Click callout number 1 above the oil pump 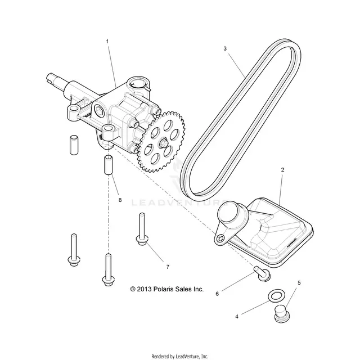coord(107,42)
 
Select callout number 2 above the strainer coord(282,170)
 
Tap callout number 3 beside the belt coord(225,48)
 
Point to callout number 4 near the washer coord(237,317)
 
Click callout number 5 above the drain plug coord(299,283)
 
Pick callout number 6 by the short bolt coord(217,294)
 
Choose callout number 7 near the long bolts coord(168,267)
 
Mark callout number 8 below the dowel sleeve coord(120,200)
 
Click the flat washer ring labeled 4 coord(276,295)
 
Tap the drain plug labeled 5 coord(282,314)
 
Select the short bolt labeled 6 coord(262,273)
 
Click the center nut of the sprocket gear coord(163,142)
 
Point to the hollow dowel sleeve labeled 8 coord(108,165)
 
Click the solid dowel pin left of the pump coord(74,145)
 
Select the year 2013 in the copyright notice coord(144,289)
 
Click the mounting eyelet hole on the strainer coord(220,238)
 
